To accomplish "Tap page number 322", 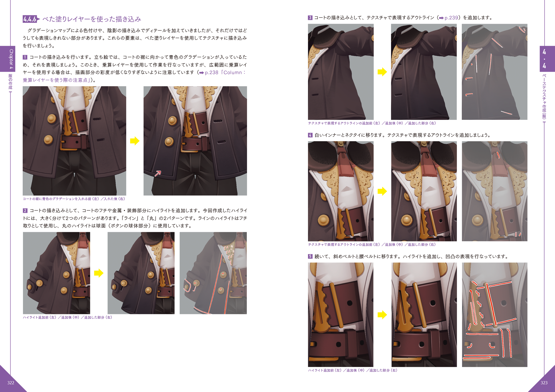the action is tap(11, 382).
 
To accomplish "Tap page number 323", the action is tap(544, 382).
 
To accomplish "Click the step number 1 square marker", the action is tap(25, 57).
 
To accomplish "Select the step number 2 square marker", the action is tap(25, 210).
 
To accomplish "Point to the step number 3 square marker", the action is tap(310, 18).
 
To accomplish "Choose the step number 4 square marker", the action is tap(310, 135).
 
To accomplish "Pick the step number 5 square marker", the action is tap(310, 256).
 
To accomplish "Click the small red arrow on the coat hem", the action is tap(158, 174).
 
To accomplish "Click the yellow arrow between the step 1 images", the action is tap(135, 141).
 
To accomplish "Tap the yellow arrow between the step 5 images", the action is tap(382, 315).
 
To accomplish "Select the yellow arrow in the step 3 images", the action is tap(382, 72).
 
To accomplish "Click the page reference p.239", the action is tap(451, 18).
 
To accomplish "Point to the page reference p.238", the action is tap(212, 73).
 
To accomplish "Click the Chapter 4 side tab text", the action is tap(11, 59).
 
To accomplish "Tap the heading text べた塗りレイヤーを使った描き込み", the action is tap(92, 19).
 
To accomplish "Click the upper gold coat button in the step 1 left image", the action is tap(52, 119).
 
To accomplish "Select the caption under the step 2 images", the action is tap(67, 317).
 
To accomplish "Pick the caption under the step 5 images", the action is tap(353, 370).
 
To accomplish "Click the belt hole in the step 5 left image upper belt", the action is tap(350, 303).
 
